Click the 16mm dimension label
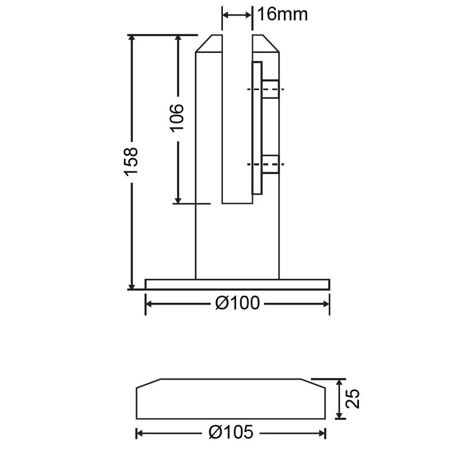point(283,14)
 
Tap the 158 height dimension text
point(131,162)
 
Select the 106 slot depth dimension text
point(177,118)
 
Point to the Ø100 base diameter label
point(237,303)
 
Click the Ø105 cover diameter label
point(231,433)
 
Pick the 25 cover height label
point(353,399)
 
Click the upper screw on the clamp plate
point(271,89)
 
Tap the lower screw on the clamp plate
point(271,164)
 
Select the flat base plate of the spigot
point(237,284)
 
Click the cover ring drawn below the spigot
point(231,399)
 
